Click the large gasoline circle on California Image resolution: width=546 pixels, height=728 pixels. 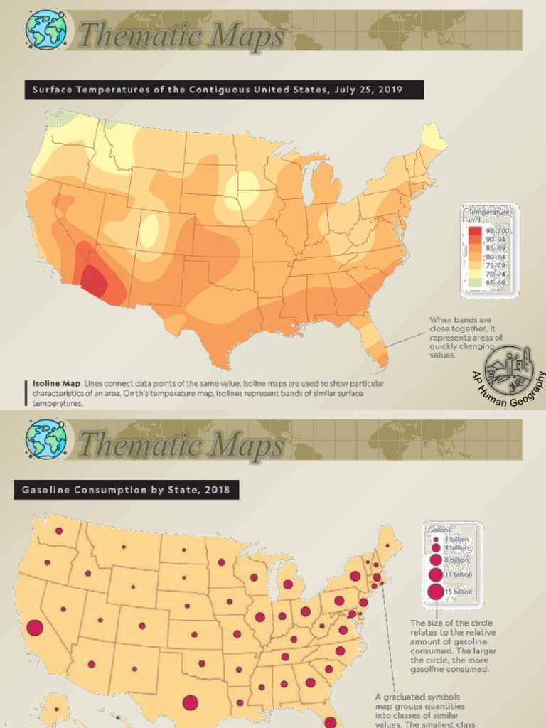tap(34, 628)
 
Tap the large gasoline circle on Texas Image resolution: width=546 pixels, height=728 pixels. tap(190, 702)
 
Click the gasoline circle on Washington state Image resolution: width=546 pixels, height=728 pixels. tap(59, 530)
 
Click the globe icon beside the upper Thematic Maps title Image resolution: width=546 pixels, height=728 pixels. tap(46, 29)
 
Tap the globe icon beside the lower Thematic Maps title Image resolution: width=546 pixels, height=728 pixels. tap(46, 438)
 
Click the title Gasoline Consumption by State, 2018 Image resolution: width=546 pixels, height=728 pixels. tap(126, 490)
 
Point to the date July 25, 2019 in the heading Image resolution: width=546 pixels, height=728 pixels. tap(370, 90)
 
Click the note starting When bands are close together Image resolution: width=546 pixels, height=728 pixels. tap(461, 337)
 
